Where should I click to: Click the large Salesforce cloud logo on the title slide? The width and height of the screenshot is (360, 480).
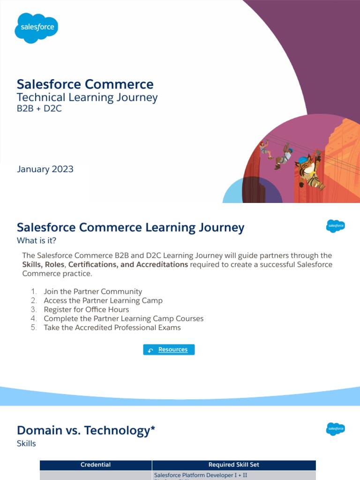tap(37, 28)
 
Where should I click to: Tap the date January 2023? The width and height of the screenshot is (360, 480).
tap(45, 169)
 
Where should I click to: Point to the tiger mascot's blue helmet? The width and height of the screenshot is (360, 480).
tap(304, 159)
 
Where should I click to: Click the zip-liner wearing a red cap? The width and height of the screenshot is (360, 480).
tap(265, 148)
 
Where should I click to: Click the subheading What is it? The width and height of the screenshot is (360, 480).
tap(39, 241)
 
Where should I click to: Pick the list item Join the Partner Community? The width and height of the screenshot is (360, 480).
tap(93, 292)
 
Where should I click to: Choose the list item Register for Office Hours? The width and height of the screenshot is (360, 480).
tap(86, 309)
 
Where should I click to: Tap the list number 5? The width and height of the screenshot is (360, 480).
tap(34, 328)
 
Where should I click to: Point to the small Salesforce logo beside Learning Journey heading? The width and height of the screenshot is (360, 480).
tap(336, 226)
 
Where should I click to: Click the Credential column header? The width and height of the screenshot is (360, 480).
tap(96, 465)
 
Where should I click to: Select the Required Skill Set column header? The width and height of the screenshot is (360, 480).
tap(233, 465)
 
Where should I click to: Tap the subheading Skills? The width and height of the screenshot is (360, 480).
tap(26, 443)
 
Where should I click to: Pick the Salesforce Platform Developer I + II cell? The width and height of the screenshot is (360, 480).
tap(201, 475)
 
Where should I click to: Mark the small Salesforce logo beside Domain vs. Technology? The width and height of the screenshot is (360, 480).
tap(336, 428)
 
